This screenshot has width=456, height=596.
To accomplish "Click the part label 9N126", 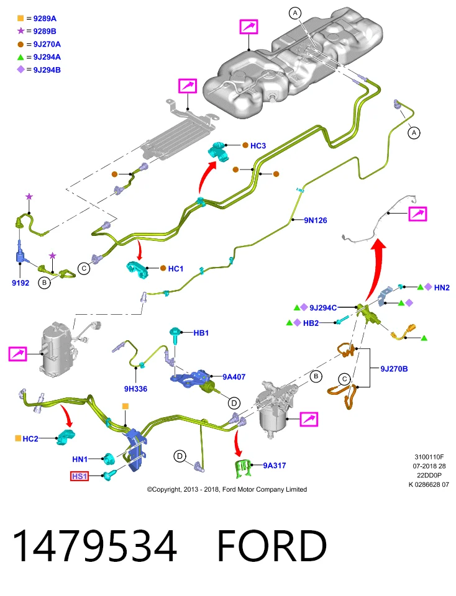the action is point(315,220).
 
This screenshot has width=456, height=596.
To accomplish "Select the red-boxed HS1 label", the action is point(80,476).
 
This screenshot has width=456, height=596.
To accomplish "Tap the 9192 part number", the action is point(21,283).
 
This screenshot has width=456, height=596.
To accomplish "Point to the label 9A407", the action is point(234,377).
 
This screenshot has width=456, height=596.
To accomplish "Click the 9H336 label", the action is point(135,389).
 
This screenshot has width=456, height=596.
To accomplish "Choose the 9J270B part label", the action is point(394,369).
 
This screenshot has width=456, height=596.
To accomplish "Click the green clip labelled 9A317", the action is point(243,468).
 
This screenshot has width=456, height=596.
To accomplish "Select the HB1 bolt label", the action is point(201,333).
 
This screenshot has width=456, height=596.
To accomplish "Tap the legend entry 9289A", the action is point(45,18).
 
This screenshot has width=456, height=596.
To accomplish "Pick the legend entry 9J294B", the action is point(47,70).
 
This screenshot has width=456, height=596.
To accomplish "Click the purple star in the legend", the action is point(21,31).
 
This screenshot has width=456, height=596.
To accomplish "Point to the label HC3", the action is point(258,145).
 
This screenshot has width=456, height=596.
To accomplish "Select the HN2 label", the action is point(442,287).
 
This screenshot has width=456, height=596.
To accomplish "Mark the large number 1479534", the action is point(94,546).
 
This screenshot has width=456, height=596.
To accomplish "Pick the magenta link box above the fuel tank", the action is point(249,27).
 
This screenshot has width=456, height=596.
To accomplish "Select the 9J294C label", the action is point(323,308).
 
